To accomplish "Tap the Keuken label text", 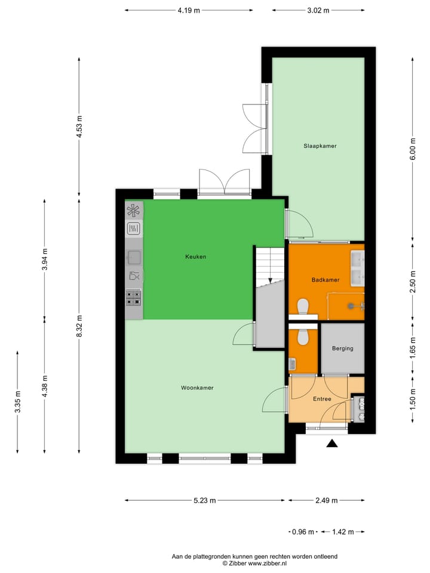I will [195, 257].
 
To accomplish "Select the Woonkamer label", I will [197, 387].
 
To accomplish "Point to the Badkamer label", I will [325, 279].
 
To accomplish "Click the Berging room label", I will [342, 349].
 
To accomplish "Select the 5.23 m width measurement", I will [204, 501].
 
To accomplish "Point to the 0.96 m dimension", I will [302, 532].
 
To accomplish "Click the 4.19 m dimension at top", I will [189, 10].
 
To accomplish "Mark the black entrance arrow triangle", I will [332, 443].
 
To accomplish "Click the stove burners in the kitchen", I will [134, 297].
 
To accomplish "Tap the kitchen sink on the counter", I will [134, 257].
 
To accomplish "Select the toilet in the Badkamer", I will [303, 306].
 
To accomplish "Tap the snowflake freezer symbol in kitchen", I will [134, 210].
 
